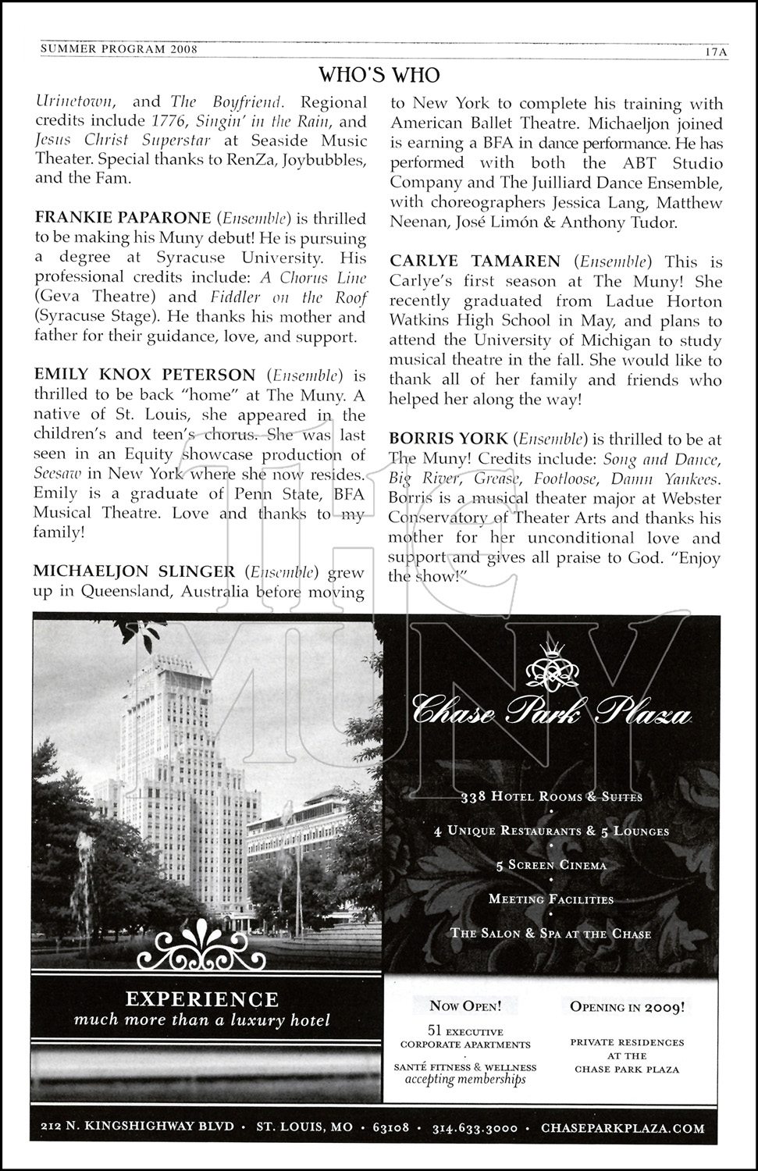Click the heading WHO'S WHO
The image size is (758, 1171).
pos(379,75)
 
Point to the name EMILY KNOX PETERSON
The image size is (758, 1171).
pos(144,376)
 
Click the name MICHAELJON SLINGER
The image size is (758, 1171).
pos(133,571)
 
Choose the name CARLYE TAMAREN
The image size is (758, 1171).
pos(475,261)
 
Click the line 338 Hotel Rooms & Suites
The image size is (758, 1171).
pos(551,797)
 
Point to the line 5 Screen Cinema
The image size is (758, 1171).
pos(551,865)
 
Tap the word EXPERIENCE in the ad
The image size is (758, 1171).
pos(202,999)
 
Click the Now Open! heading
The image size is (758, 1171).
pos(465,1006)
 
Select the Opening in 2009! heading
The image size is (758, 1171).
pos(628,1006)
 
